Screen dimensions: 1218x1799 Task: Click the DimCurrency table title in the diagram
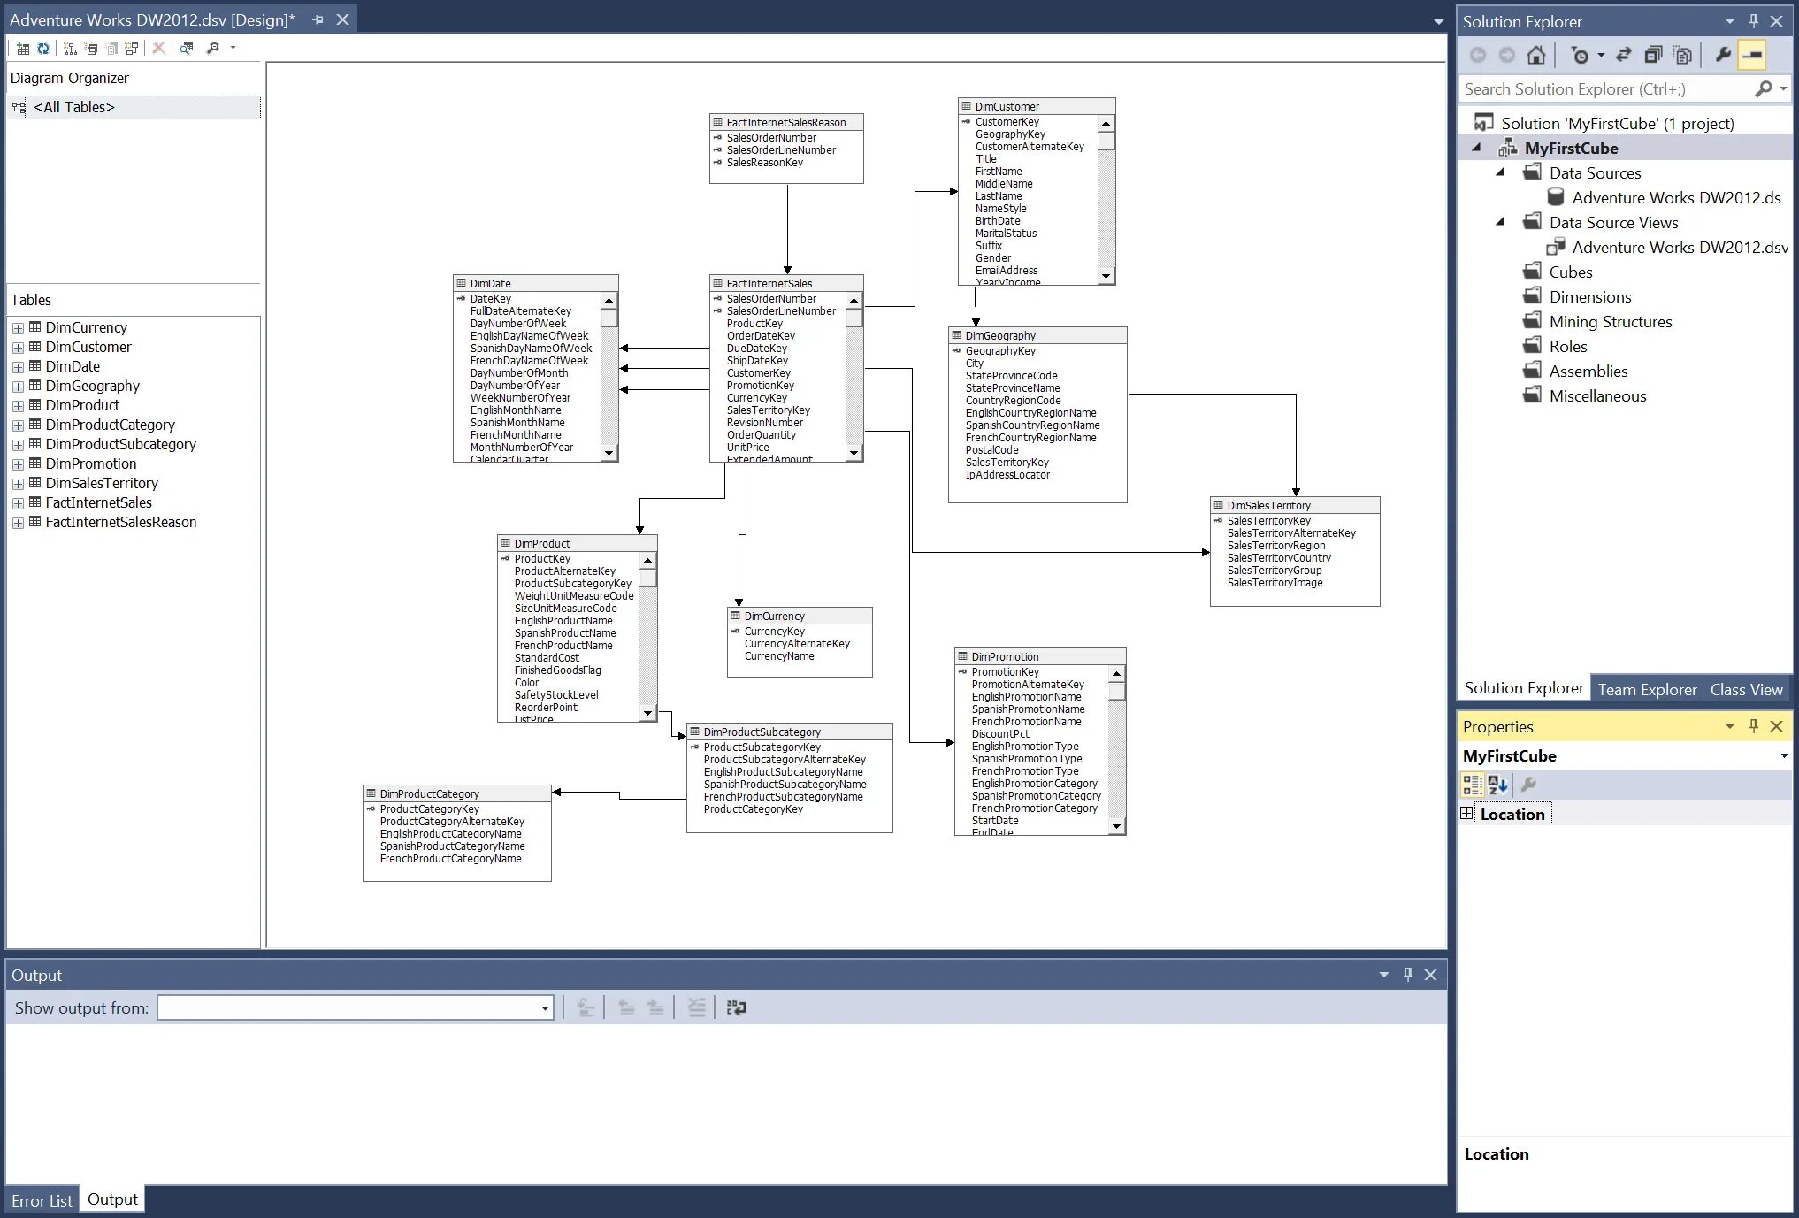click(x=774, y=616)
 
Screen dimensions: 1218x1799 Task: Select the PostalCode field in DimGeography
click(x=991, y=450)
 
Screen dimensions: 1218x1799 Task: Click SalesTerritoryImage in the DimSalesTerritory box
click(x=1275, y=583)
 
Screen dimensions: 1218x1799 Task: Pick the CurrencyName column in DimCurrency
click(x=779, y=656)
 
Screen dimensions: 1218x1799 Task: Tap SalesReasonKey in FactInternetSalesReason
click(x=764, y=163)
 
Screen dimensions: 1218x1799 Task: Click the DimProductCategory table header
click(x=430, y=793)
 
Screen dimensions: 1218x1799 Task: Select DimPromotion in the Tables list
click(x=91, y=463)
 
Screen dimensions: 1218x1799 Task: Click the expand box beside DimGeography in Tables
click(x=18, y=387)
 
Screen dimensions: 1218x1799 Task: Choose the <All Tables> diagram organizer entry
click(x=74, y=107)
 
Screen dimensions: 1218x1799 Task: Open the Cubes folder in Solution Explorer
click(x=1570, y=272)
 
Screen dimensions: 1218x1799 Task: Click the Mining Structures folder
click(x=1610, y=322)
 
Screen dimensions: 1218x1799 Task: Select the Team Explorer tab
click(x=1647, y=689)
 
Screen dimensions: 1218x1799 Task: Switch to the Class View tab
click(x=1746, y=689)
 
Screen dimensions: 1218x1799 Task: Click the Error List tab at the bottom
click(x=42, y=1200)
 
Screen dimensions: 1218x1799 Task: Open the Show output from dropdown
click(x=545, y=1008)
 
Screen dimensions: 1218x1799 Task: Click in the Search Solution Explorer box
click(x=1605, y=89)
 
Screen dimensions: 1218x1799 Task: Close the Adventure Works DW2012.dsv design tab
click(x=343, y=19)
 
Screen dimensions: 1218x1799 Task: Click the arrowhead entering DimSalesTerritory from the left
click(x=1206, y=553)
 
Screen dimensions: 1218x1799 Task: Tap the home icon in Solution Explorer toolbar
click(x=1536, y=56)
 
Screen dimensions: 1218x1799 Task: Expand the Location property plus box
click(x=1466, y=814)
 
